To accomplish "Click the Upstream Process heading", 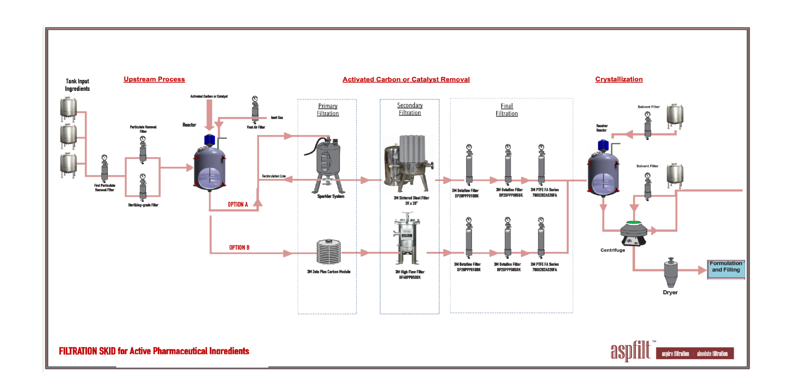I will (154, 79).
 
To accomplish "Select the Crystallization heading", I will (619, 79).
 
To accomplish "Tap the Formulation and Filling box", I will (726, 269).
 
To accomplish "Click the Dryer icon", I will (671, 272).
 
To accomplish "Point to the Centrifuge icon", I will (633, 234).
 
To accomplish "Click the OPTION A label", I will (238, 204).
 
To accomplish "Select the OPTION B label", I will (239, 248).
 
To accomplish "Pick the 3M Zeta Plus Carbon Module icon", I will (329, 252).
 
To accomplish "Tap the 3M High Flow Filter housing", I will (408, 240).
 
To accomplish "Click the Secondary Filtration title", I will (410, 109).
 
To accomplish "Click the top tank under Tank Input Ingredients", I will (68, 109).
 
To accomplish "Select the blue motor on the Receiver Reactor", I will (603, 145).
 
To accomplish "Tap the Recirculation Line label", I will (274, 176).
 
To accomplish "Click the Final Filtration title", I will (507, 110).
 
